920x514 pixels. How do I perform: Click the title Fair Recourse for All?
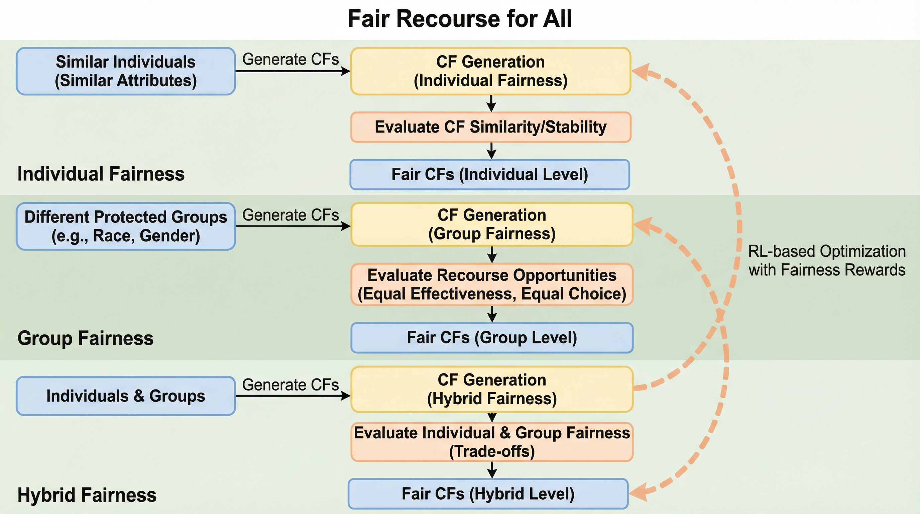[460, 19]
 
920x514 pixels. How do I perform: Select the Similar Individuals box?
[126, 71]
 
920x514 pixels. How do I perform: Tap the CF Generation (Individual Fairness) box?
[490, 71]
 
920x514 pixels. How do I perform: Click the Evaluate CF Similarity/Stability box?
[490, 127]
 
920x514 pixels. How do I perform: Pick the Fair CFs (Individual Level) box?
[490, 174]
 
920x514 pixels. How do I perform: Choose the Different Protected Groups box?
[126, 226]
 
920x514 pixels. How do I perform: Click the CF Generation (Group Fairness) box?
[492, 225]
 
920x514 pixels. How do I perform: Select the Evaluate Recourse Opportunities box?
[492, 284]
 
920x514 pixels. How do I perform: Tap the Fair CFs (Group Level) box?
[492, 338]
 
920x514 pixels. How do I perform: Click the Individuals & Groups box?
[126, 396]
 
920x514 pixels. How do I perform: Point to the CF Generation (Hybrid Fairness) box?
[492, 389]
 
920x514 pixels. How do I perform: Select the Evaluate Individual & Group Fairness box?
[492, 442]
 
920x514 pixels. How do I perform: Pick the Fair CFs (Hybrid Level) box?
[488, 494]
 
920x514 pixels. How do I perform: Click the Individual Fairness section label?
[101, 174]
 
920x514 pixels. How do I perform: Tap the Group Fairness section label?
[85, 338]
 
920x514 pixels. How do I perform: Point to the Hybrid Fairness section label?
[87, 495]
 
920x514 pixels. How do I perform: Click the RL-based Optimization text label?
[827, 261]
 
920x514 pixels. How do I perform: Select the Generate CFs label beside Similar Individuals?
[291, 59]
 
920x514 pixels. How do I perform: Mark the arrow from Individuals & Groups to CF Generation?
[293, 396]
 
